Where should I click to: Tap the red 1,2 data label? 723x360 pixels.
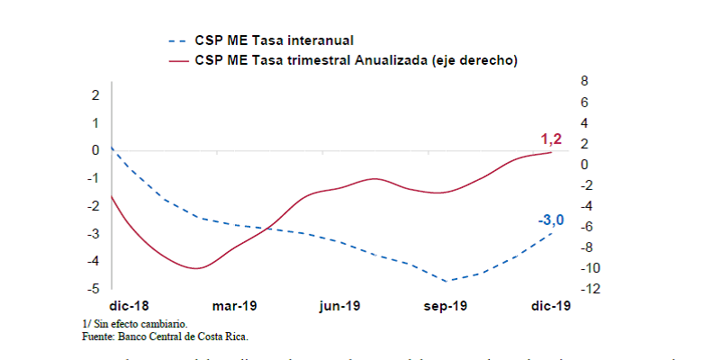551,139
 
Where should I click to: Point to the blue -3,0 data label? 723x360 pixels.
550,220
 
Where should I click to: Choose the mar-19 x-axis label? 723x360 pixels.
235,306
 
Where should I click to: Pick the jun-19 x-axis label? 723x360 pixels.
339,306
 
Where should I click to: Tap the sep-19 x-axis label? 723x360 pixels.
446,306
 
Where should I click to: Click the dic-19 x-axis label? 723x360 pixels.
548,306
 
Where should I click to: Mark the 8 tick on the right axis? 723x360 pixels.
584,81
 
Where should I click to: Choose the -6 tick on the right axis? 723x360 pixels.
586,227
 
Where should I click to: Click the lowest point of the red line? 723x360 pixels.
196,268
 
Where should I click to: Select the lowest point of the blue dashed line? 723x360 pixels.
445,281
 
